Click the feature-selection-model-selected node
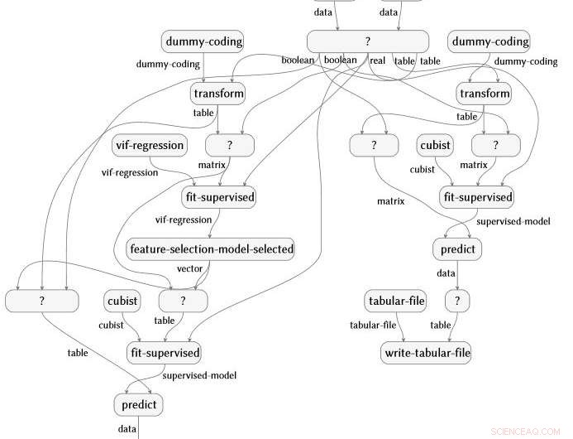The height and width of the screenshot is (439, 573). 212,248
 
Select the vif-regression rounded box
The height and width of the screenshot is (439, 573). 149,146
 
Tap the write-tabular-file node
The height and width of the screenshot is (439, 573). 427,354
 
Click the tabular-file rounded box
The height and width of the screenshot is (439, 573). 395,301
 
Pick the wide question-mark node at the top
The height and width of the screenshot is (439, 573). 368,41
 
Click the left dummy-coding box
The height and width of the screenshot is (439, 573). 203,41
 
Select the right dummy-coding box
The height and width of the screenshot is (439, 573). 489,41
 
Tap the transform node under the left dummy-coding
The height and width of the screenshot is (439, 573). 218,93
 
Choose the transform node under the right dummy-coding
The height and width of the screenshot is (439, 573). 484,93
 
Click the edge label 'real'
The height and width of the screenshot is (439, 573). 378,60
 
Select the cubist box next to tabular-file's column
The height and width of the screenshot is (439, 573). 435,146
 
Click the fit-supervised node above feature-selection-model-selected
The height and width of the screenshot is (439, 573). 218,198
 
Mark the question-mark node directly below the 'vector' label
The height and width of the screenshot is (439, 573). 183,301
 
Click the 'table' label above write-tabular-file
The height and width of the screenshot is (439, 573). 441,325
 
